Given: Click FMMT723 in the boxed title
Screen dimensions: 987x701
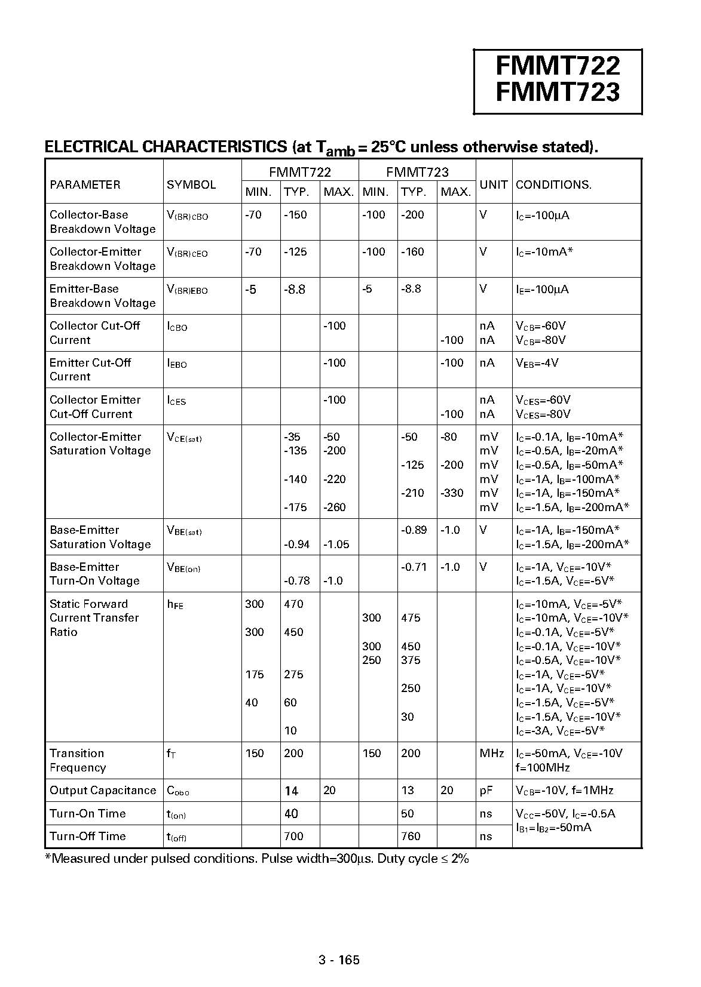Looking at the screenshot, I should [558, 92].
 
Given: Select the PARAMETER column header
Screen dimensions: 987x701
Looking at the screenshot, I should [85, 185].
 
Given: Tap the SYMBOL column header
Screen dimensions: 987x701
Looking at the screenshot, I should [191, 185].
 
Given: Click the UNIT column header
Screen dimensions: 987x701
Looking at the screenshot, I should [494, 185].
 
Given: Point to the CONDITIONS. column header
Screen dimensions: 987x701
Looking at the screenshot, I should [553, 185].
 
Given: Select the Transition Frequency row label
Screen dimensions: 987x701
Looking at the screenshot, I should [78, 761].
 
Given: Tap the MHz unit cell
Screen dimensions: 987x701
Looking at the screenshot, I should [492, 754].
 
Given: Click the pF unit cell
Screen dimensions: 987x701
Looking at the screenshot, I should [486, 791].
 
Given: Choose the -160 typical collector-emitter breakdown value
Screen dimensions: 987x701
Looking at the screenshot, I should [412, 252].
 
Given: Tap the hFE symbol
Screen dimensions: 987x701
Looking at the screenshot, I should [175, 605].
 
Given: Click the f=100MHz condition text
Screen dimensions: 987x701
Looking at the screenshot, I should [543, 768].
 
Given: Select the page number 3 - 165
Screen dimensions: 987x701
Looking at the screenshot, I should [339, 960].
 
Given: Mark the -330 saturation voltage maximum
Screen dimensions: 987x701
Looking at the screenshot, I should [452, 493].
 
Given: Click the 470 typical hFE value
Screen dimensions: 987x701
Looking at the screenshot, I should [294, 604].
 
